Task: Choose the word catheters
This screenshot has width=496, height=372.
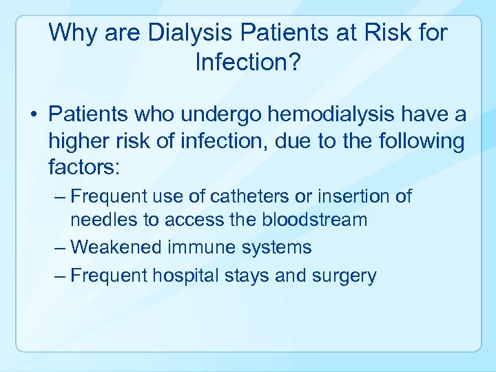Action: click(249, 197)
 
